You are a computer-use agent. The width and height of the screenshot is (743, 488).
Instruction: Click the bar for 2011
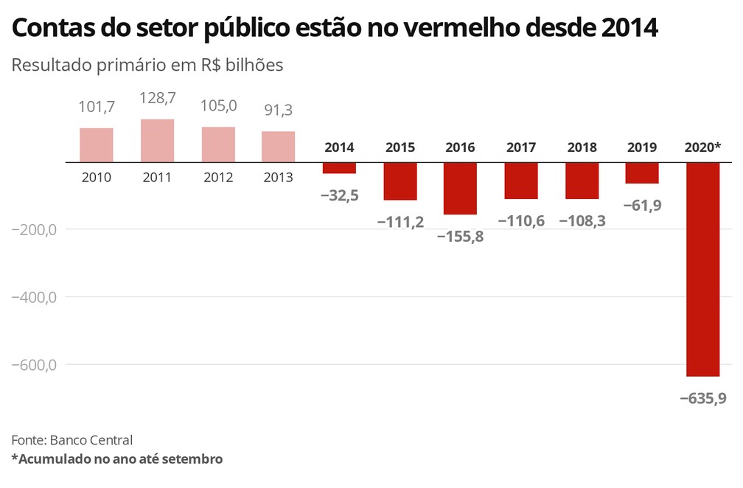pos(157,140)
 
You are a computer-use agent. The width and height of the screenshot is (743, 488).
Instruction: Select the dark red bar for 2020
pos(702,269)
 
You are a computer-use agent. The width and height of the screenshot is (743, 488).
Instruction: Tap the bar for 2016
pos(460,188)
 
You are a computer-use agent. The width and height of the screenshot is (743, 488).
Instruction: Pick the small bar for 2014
pos(339,167)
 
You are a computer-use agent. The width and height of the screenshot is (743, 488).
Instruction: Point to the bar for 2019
pos(642,172)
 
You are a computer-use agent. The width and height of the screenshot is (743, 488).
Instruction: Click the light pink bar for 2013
pos(278,146)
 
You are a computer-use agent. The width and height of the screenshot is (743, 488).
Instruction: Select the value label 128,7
pos(157,97)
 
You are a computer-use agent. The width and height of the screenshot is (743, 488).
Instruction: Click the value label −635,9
pos(702,398)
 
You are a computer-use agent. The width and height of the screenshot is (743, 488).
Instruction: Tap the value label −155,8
pos(460,237)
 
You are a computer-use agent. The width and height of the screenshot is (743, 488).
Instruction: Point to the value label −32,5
pos(339,195)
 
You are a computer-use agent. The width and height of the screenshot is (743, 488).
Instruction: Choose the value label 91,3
pos(278,110)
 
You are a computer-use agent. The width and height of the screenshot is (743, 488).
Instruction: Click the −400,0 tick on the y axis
pos(34,297)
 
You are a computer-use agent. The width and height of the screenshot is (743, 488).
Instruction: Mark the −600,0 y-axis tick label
pos(34,365)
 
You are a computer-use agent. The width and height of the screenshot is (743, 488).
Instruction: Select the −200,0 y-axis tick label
pos(34,229)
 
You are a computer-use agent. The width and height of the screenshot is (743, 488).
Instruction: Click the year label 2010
pos(97,177)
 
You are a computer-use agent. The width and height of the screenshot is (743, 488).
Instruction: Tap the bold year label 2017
pos(521,147)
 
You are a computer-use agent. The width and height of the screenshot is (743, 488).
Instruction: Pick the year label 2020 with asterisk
pos(702,147)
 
